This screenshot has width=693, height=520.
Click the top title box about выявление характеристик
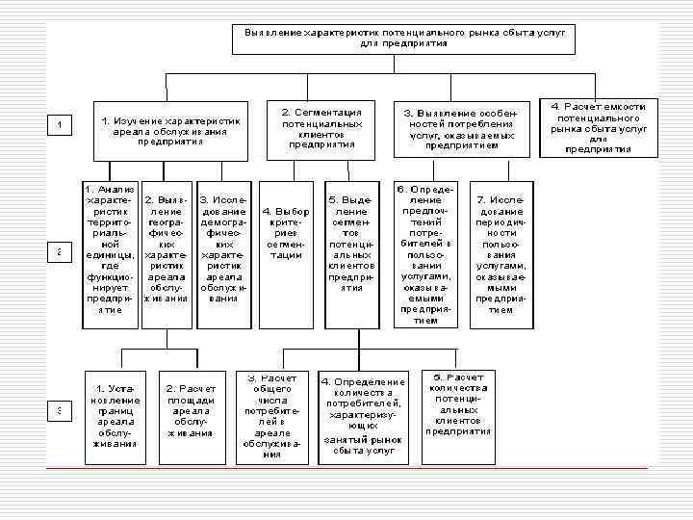403,39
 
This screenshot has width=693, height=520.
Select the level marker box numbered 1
60,125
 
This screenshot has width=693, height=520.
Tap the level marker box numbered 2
60,251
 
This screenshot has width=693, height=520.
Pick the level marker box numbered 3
60,411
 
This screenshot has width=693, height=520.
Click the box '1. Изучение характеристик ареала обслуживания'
170,130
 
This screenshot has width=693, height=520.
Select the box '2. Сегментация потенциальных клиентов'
321,125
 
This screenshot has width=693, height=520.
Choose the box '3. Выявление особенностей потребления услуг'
460,130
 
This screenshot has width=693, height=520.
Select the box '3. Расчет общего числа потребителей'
272,415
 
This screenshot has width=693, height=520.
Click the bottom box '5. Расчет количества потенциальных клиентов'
458,404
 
